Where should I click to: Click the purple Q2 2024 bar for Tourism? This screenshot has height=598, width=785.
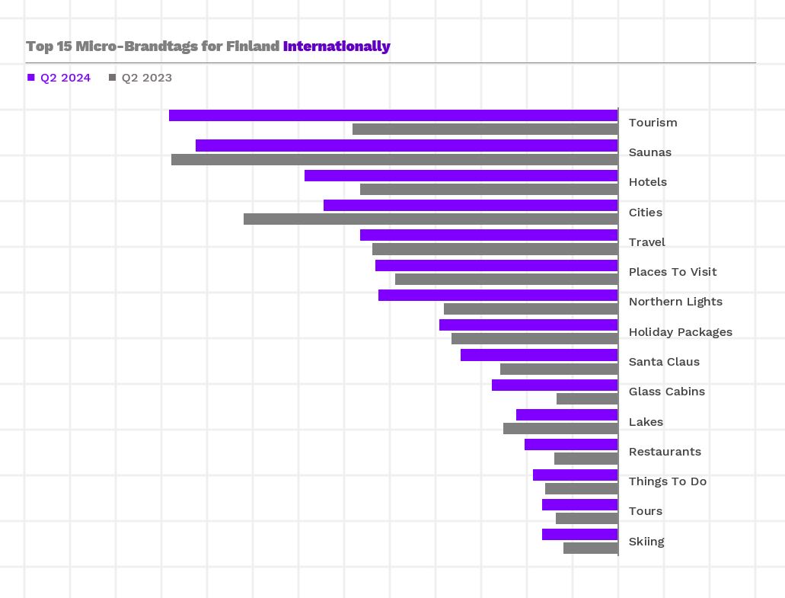click(393, 116)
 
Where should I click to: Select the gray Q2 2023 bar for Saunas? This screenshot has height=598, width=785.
click(394, 160)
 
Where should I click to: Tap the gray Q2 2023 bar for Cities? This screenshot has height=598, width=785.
click(430, 219)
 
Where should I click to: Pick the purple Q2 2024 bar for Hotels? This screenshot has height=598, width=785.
click(461, 176)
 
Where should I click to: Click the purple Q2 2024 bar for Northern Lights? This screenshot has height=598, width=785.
click(498, 296)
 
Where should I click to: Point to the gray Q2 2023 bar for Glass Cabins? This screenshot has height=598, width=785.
click(587, 399)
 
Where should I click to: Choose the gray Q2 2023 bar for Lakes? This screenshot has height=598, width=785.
click(560, 429)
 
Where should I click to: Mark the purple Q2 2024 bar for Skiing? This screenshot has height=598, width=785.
click(579, 535)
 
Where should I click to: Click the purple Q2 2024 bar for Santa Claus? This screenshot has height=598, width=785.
click(539, 355)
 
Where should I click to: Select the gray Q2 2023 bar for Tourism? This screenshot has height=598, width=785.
click(485, 130)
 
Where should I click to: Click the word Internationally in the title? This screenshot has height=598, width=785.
click(337, 46)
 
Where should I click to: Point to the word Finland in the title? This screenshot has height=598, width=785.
click(253, 46)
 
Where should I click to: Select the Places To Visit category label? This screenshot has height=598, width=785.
click(672, 272)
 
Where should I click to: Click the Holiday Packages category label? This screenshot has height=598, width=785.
click(680, 332)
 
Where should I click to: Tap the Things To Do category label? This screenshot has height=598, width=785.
click(667, 481)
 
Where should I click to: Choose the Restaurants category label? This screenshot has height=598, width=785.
click(665, 452)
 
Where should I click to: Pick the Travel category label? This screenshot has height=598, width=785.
click(646, 242)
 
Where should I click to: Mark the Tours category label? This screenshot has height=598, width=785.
click(645, 511)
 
